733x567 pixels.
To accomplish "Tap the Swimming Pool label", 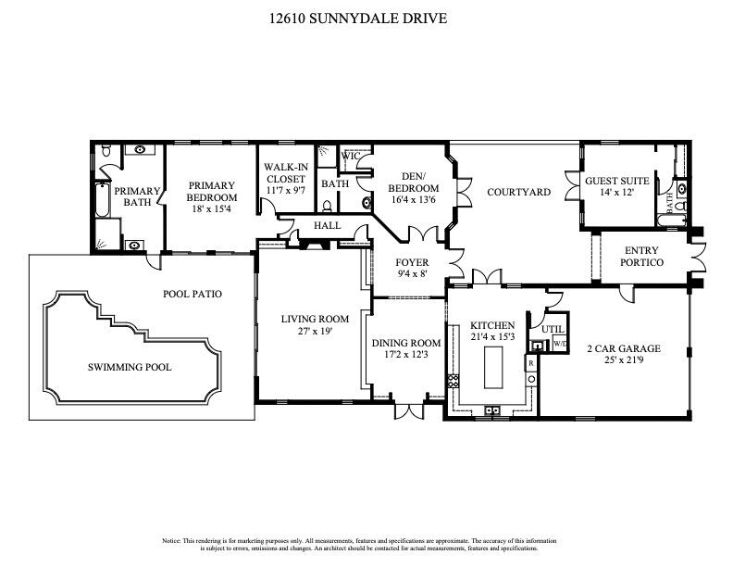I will pos(130,367).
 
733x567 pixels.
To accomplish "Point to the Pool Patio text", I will pos(193,294).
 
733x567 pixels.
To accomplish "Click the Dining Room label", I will pos(406,343).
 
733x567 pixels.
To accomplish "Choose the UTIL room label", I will pos(553,329).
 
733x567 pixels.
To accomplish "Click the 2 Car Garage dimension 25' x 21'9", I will pos(623,360).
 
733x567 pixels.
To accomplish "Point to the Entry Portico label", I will pos(643,257).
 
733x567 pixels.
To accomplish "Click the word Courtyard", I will pos(518,193).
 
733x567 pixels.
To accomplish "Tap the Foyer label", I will pos(413,262).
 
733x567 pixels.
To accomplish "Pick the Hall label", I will pos(327,225).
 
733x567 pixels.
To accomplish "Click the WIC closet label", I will pos(350,156).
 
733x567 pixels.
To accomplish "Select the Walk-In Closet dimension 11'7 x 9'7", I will pos(286,190).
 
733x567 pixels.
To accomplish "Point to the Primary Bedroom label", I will pos(212,191).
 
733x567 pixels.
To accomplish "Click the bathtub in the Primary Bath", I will pos(102,201).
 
